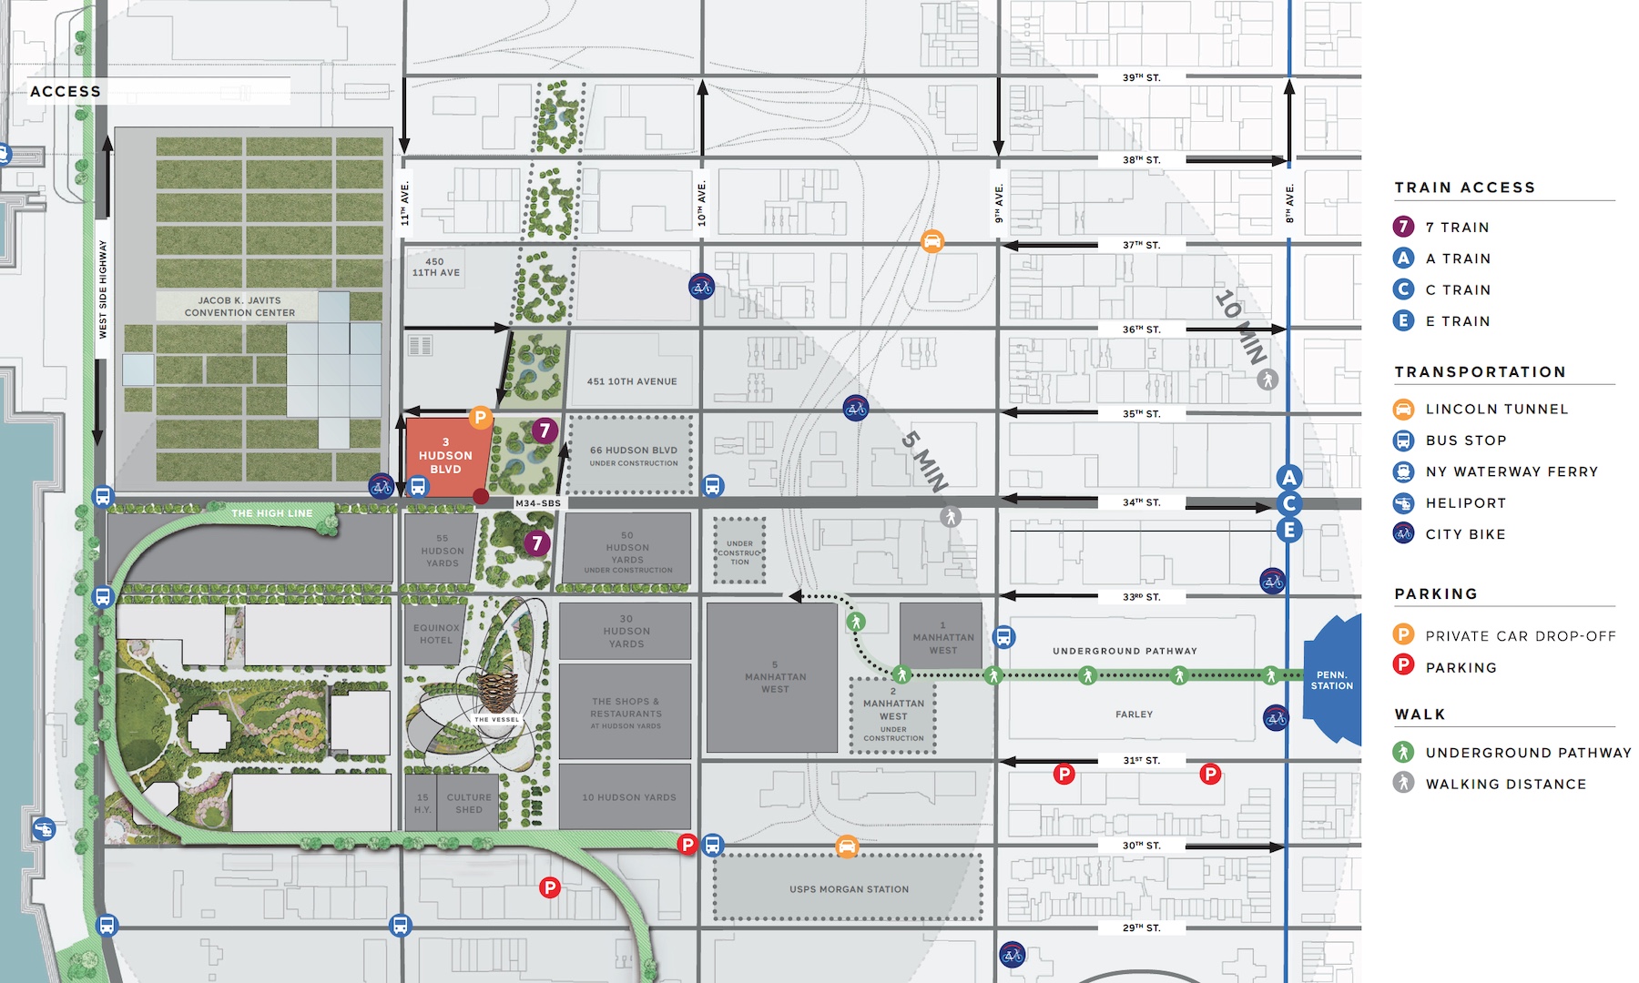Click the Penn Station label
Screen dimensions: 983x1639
1331,680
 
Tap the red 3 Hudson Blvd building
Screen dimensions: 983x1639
445,456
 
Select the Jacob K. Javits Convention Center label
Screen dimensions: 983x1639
239,306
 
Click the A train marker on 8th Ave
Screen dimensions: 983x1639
1288,477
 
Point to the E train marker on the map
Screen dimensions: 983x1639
1288,530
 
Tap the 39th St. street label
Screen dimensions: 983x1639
1141,77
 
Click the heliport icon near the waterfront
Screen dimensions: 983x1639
44,829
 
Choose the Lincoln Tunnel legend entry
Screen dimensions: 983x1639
1496,409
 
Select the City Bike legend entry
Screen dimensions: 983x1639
1465,534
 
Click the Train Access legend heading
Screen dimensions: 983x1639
1464,187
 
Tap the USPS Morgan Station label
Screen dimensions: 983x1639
849,889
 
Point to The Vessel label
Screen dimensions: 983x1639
496,719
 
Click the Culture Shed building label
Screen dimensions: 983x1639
469,803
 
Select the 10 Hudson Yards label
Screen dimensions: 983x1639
629,797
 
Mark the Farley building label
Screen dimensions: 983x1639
1134,714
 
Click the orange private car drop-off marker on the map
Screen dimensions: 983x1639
480,418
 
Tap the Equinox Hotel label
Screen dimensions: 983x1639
436,633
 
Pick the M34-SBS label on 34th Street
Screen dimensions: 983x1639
538,503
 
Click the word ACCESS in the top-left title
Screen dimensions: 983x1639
66,91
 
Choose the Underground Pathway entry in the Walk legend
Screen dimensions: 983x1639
1527,753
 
